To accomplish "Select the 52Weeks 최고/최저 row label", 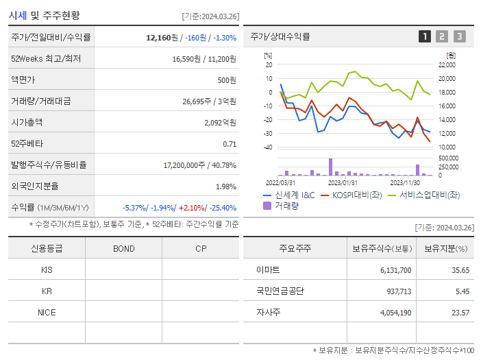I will click(x=46, y=59).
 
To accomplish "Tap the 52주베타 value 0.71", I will click(x=230, y=144).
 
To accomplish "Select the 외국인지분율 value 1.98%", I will click(x=225, y=187).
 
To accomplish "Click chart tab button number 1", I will click(x=425, y=37).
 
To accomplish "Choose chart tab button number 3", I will click(x=459, y=37).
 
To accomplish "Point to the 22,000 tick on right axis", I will click(x=447, y=64).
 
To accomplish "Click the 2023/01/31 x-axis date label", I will click(x=343, y=182).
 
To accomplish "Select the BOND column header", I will click(x=124, y=248).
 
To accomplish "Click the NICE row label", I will click(x=47, y=312).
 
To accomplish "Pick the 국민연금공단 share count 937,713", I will click(x=395, y=291).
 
